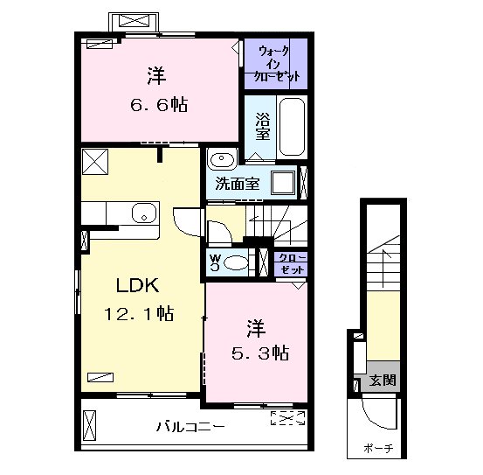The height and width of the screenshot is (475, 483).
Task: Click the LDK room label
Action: [x=137, y=285]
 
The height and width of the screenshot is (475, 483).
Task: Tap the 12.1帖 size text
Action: [x=139, y=314]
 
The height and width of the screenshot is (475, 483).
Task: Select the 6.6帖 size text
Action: [x=159, y=105]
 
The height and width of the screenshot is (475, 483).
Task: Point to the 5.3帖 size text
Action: [x=260, y=353]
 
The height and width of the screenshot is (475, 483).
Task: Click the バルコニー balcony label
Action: [x=190, y=427]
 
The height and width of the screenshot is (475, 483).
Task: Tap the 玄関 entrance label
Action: [x=383, y=380]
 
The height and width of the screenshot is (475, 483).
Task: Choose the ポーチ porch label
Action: [x=378, y=448]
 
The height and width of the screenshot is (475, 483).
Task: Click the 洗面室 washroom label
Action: [x=238, y=184]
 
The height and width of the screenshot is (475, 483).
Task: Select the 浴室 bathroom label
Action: [x=262, y=127]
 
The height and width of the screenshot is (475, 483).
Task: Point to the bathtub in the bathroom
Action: [x=292, y=127]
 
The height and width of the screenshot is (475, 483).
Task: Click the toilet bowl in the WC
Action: [x=236, y=263]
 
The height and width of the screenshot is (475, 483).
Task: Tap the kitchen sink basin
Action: [x=144, y=213]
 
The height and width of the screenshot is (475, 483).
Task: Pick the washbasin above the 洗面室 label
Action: [x=222, y=158]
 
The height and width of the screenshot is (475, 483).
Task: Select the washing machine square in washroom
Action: [x=283, y=183]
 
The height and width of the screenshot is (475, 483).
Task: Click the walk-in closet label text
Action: [x=276, y=63]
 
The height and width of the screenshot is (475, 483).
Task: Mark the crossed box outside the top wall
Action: [x=134, y=21]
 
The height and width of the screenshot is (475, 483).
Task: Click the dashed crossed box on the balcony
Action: [x=287, y=418]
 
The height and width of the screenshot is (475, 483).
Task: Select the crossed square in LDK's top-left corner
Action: [x=95, y=162]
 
